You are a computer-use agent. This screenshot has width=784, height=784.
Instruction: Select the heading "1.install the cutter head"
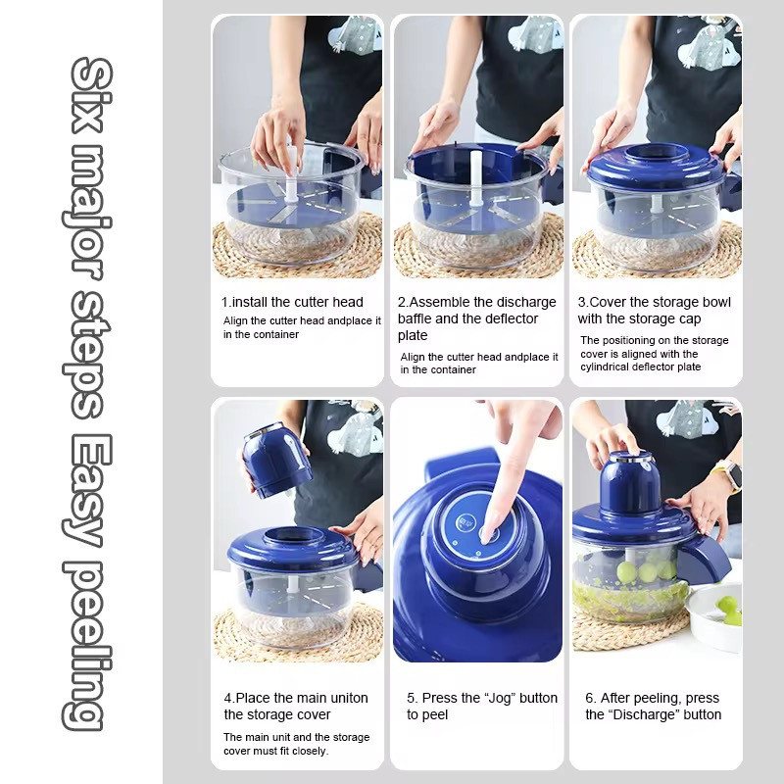click(292, 302)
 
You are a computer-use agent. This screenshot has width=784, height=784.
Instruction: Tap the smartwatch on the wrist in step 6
click(729, 475)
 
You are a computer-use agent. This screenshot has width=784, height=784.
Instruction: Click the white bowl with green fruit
click(714, 616)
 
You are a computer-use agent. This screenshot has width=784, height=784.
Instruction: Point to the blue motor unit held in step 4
click(276, 461)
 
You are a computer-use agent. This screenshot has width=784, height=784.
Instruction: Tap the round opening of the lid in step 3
click(656, 152)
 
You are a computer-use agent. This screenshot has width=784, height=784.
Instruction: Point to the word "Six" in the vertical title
click(90, 95)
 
